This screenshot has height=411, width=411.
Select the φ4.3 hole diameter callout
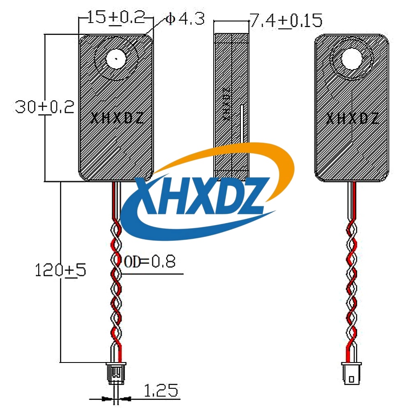(x=185, y=19)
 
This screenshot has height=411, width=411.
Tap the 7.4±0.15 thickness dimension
(x=286, y=21)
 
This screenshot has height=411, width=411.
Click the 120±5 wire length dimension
(x=60, y=270)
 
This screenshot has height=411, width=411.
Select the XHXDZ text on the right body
(x=353, y=119)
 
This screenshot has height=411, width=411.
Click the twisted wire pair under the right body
(x=352, y=279)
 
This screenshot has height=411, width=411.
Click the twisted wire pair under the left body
(x=116, y=279)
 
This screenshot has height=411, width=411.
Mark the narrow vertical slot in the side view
(x=242, y=123)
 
